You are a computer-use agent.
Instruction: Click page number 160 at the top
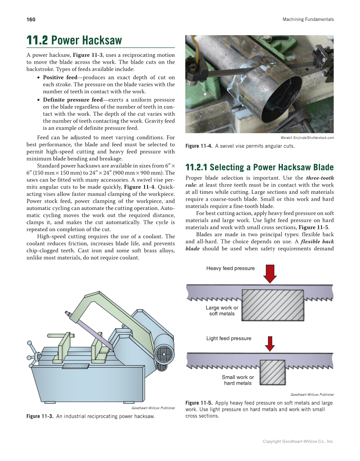pyautogui.click(x=31, y=20)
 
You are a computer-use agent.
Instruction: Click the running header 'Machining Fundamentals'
pyautogui.click(x=308, y=20)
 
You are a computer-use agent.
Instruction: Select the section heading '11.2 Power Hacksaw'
pyautogui.click(x=74, y=41)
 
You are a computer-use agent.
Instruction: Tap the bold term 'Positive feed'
pyautogui.click(x=60, y=78)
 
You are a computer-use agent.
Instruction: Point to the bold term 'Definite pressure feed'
pyautogui.click(x=73, y=100)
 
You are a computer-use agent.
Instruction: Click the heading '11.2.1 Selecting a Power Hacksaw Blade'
pyautogui.click(x=260, y=167)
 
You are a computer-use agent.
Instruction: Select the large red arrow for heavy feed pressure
pyautogui.click(x=270, y=273)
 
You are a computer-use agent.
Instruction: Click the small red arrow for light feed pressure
pyautogui.click(x=270, y=344)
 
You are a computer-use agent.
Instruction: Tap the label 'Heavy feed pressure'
pyautogui.click(x=230, y=268)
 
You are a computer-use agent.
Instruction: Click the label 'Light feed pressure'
pyautogui.click(x=229, y=338)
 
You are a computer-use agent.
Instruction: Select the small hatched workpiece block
pyautogui.click(x=272, y=372)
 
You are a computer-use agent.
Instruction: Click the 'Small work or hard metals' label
pyautogui.click(x=238, y=380)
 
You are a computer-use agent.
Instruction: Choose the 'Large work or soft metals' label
pyautogui.click(x=222, y=310)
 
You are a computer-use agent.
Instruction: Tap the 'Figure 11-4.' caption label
pyautogui.click(x=199, y=146)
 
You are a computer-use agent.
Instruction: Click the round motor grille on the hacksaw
pyautogui.click(x=165, y=352)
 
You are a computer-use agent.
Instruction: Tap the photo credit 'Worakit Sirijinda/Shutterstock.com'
pyautogui.click(x=307, y=137)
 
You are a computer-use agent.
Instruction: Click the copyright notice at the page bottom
pyautogui.click(x=298, y=441)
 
